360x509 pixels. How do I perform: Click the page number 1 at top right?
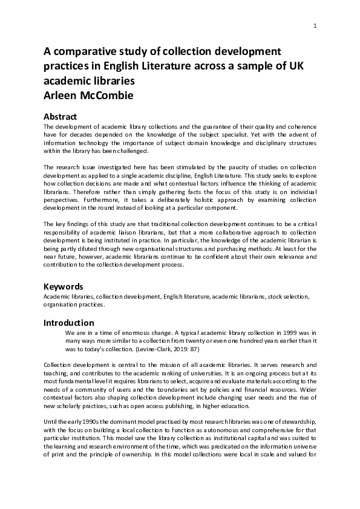tap(315, 25)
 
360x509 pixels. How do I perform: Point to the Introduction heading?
tap(69, 323)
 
